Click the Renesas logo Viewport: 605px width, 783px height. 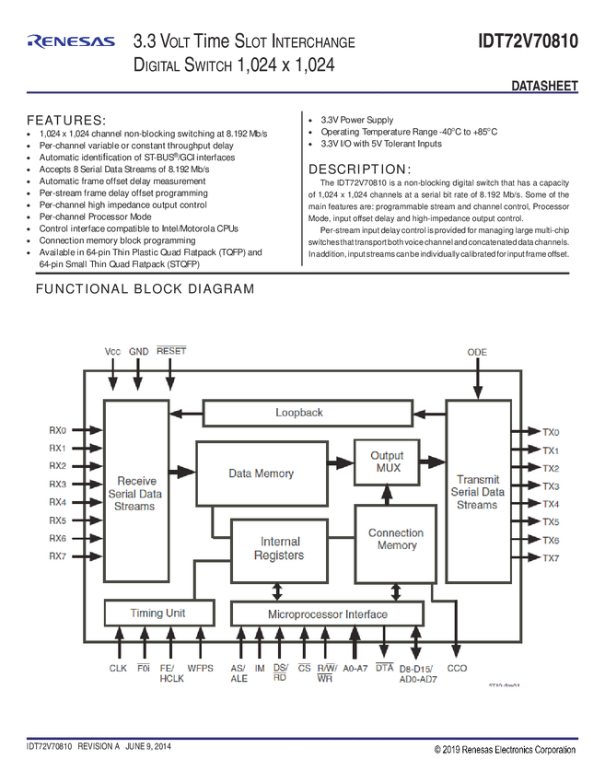pos(71,41)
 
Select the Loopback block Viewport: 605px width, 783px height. pos(298,413)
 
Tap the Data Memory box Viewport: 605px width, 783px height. pos(262,473)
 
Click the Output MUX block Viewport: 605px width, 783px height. pos(387,462)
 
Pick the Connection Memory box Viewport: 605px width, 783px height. pos(396,540)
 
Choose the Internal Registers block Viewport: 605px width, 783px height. pos(281,549)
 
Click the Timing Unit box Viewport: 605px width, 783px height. pos(158,614)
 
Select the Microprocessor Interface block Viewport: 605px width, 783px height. pos(327,614)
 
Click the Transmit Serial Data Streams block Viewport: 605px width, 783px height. pos(477,492)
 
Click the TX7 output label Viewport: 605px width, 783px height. pos(551,558)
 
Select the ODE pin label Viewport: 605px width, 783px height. pos(477,353)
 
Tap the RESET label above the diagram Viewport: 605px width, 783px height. pos(171,352)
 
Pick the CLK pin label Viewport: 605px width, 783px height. pos(118,668)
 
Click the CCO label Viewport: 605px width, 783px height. pos(457,668)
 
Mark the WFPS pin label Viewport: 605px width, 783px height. pos(201,668)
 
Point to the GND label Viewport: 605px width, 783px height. pos(138,352)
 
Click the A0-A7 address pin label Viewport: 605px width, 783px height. pos(355,668)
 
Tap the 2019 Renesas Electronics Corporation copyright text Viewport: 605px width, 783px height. pos(505,750)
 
